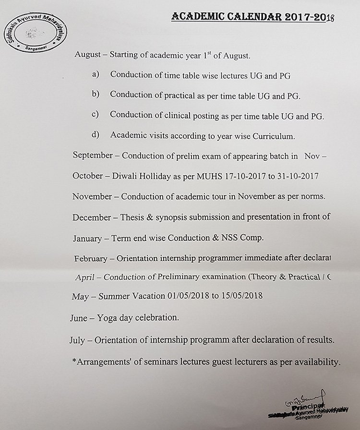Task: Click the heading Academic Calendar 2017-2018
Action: coord(252,17)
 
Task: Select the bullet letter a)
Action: coord(95,74)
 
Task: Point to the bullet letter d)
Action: coord(95,135)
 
